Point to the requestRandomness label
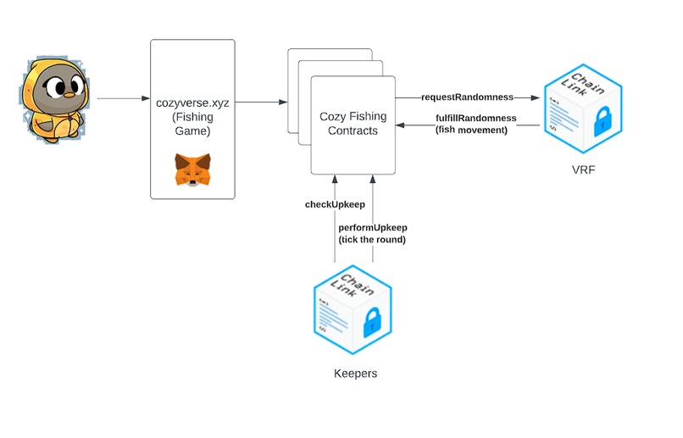[467, 98]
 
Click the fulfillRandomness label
[475, 117]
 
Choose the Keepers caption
[356, 373]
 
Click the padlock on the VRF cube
[602, 122]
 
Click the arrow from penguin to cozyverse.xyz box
[123, 99]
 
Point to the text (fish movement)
[470, 130]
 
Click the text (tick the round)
[373, 240]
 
